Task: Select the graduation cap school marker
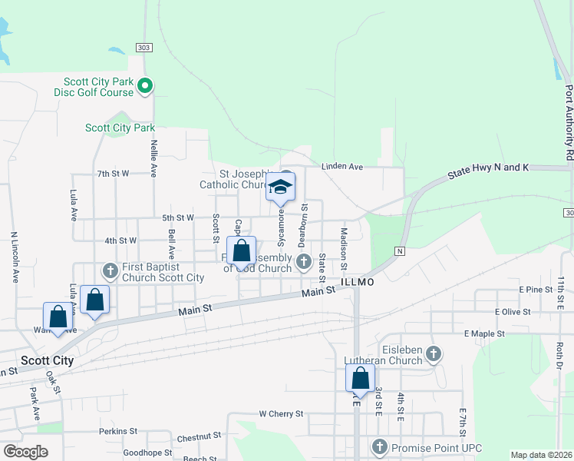point(281,186)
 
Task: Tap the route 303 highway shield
point(145,48)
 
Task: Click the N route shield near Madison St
point(399,251)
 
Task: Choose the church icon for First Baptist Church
point(110,270)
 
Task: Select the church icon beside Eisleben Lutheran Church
point(434,354)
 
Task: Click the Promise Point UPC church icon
point(379,446)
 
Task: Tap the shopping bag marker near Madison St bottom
point(360,378)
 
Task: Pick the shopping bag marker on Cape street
point(241,250)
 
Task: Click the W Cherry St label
point(281,413)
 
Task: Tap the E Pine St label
point(535,289)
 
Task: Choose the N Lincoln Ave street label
point(14,257)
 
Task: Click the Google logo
point(25,452)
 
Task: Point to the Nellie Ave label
point(154,159)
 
